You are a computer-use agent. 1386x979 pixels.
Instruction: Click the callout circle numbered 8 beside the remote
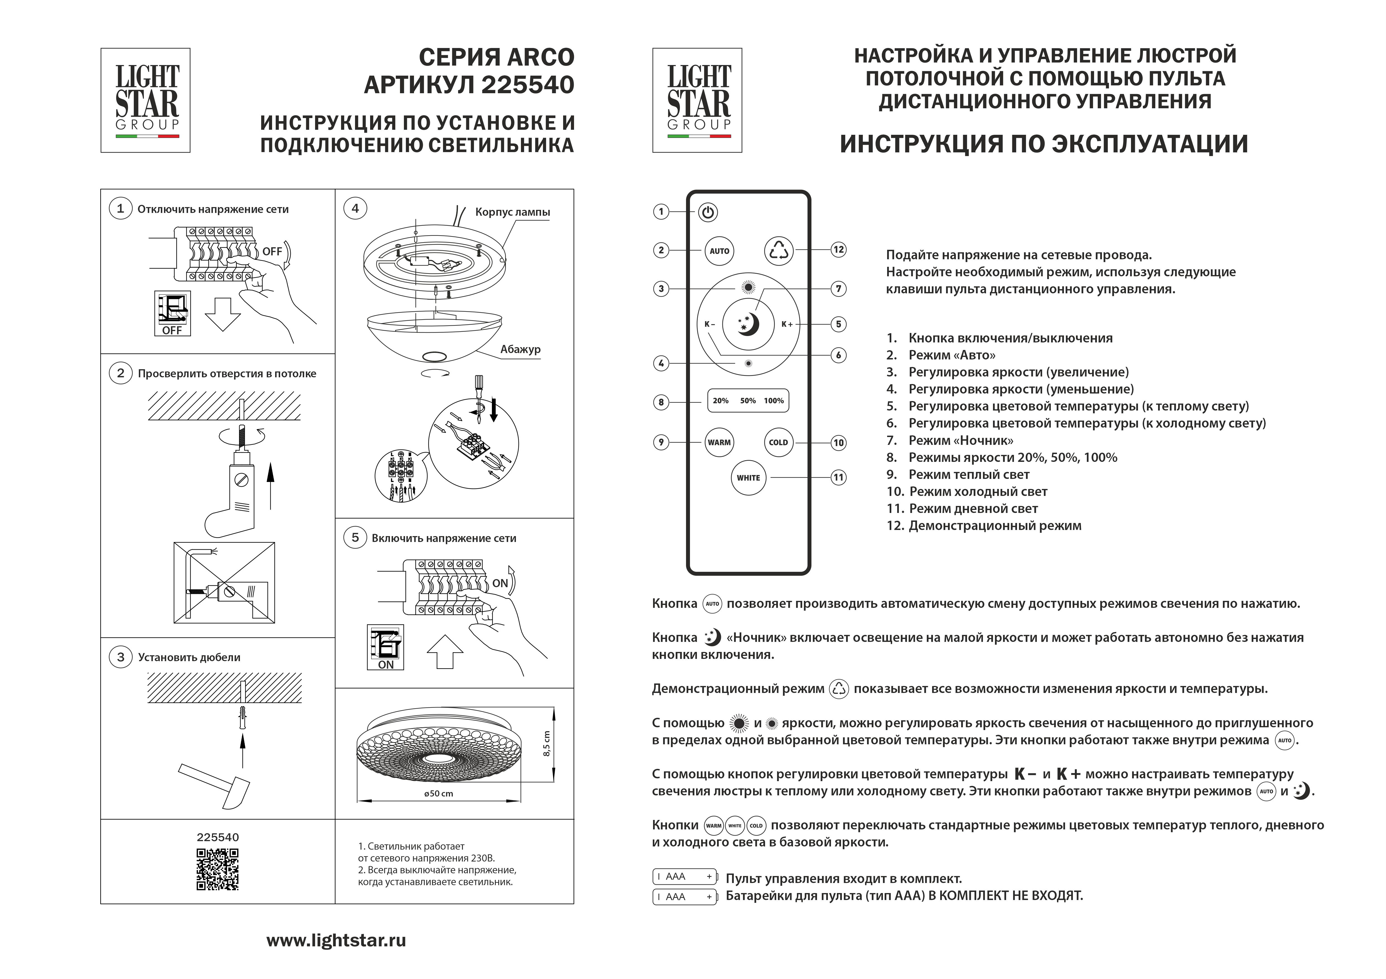pyautogui.click(x=661, y=402)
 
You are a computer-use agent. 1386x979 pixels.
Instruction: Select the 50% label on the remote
pyautogui.click(x=748, y=400)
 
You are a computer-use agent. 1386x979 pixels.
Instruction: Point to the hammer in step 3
pyautogui.click(x=217, y=784)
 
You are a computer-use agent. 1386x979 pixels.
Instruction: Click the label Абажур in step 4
pyautogui.click(x=520, y=349)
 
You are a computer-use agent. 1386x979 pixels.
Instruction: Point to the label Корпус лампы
pyautogui.click(x=513, y=212)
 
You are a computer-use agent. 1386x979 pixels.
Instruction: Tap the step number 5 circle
pyautogui.click(x=355, y=538)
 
